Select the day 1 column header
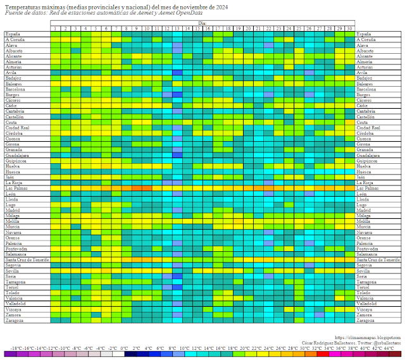click(x=56, y=28)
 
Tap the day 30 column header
click(x=349, y=28)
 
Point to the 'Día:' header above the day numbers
click(x=202, y=23)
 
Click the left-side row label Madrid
click(x=14, y=210)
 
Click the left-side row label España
click(x=13, y=34)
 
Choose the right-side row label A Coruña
click(x=368, y=39)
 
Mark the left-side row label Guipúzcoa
click(x=18, y=161)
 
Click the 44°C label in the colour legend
click(x=389, y=348)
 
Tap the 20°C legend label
click(x=248, y=348)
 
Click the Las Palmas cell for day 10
click(x=147, y=188)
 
